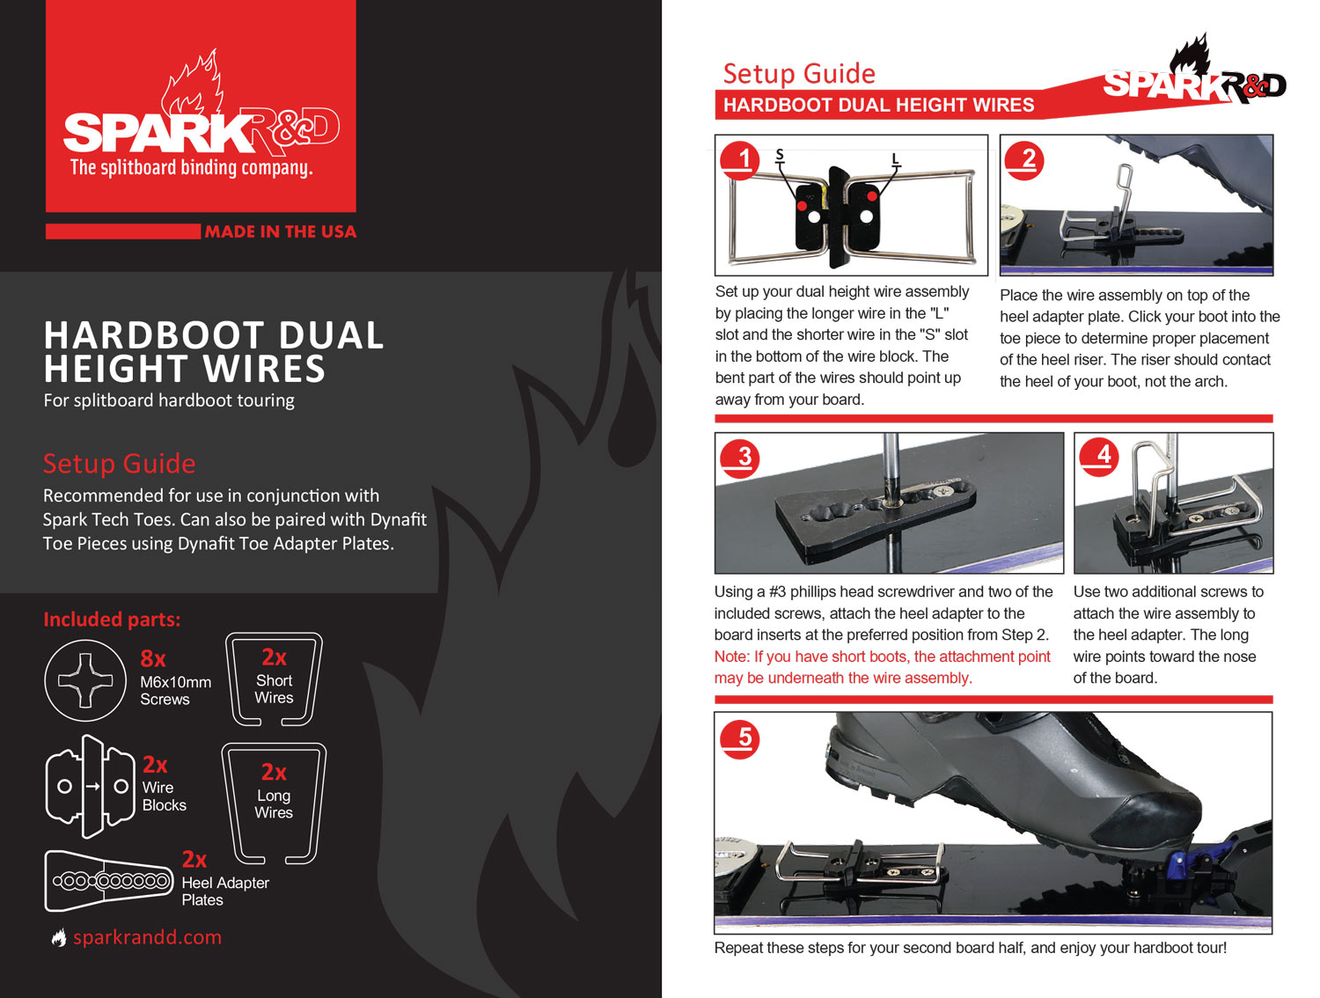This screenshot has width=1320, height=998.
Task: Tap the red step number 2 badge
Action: (x=1024, y=160)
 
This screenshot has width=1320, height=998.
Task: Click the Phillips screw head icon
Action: (x=85, y=680)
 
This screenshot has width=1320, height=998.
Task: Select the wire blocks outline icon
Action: (x=91, y=786)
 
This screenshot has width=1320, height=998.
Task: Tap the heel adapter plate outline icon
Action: (x=108, y=880)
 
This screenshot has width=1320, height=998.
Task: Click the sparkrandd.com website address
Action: (x=147, y=937)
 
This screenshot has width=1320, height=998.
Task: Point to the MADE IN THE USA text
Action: (x=280, y=231)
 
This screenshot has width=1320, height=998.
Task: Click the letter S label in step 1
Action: (x=779, y=155)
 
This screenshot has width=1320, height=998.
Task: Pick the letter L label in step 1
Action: (x=896, y=159)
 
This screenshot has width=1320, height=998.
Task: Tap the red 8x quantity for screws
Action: (x=153, y=658)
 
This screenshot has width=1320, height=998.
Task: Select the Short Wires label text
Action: (x=274, y=689)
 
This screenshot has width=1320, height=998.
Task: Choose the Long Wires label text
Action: (x=274, y=804)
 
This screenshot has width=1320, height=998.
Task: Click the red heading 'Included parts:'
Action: (x=112, y=620)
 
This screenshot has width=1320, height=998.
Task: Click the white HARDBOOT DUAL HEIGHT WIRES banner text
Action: (x=878, y=106)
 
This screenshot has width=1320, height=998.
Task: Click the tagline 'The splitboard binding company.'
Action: (x=191, y=167)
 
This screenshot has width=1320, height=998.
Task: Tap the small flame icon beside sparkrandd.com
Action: (x=59, y=938)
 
